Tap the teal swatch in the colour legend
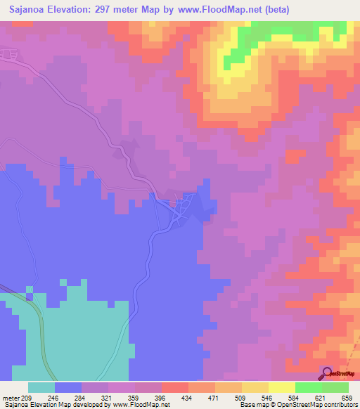tap(41, 387)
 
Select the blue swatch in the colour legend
tap(68, 387)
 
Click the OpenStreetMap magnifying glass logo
tap(327, 373)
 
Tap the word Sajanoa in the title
tap(30, 9)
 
